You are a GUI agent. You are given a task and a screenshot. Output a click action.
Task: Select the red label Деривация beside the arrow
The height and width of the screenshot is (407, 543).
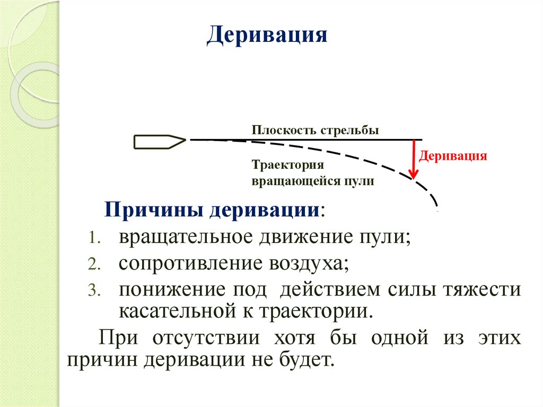point(453,157)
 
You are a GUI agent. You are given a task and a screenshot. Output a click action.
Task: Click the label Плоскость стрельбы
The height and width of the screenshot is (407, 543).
point(315,131)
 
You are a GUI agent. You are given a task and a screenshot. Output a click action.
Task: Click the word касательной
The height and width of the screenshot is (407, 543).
point(173,310)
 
